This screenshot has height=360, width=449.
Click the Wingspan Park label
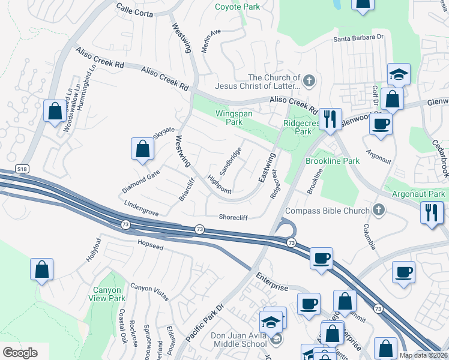[234, 117]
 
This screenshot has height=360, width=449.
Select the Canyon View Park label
[107, 294]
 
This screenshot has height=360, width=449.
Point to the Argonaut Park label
[418, 194]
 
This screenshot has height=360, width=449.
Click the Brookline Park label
[333, 161]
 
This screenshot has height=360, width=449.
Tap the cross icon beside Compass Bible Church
[378, 210]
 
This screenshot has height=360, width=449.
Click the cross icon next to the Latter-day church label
[309, 80]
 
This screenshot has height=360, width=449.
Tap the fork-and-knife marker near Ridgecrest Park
[329, 119]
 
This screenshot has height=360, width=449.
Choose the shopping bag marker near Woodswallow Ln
[55, 111]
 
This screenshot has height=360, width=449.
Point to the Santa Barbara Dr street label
[358, 37]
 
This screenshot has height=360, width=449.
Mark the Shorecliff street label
[234, 217]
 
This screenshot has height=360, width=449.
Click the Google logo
[20, 353]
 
